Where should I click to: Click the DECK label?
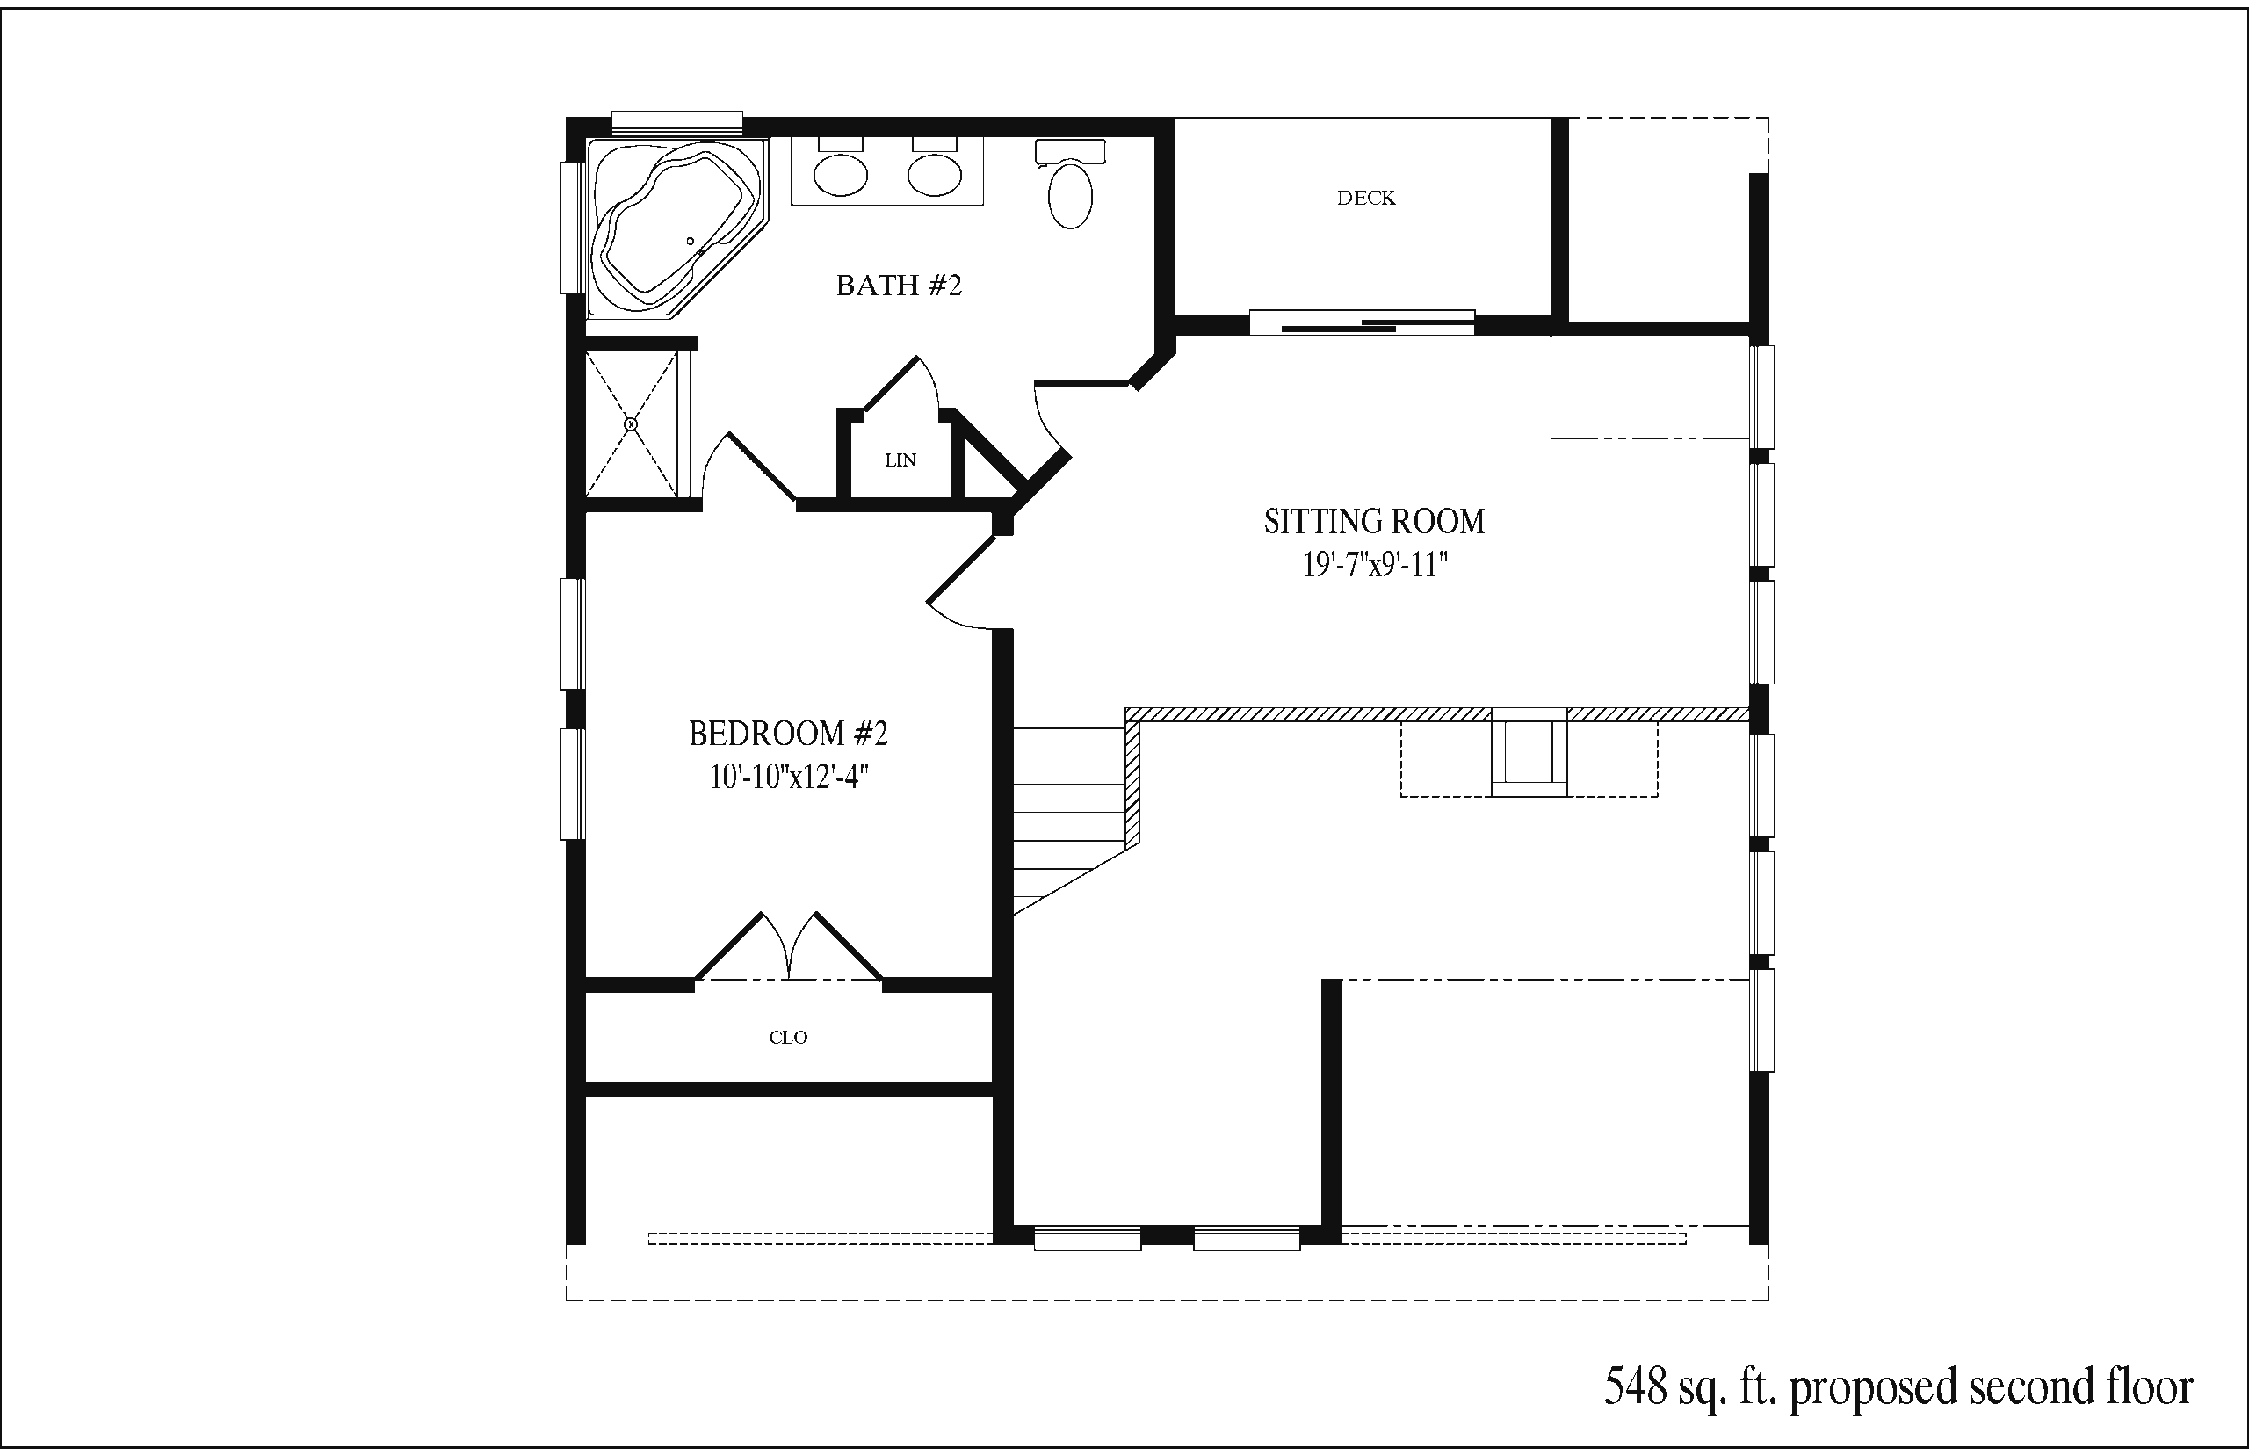tap(1366, 198)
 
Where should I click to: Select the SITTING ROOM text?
tap(1374, 522)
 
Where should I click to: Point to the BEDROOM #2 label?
tap(789, 733)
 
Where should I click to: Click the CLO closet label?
tap(788, 1038)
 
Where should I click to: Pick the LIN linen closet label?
tap(900, 460)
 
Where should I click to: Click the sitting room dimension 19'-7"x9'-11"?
tap(1375, 565)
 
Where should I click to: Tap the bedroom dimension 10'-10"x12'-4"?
tap(789, 777)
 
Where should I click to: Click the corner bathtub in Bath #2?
tap(676, 227)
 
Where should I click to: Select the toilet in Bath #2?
tap(1070, 185)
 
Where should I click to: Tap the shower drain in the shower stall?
tap(631, 425)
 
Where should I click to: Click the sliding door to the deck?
tap(1362, 322)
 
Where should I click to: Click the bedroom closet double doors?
tap(789, 945)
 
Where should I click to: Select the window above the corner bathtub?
tap(676, 123)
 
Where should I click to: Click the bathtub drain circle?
tap(691, 242)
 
